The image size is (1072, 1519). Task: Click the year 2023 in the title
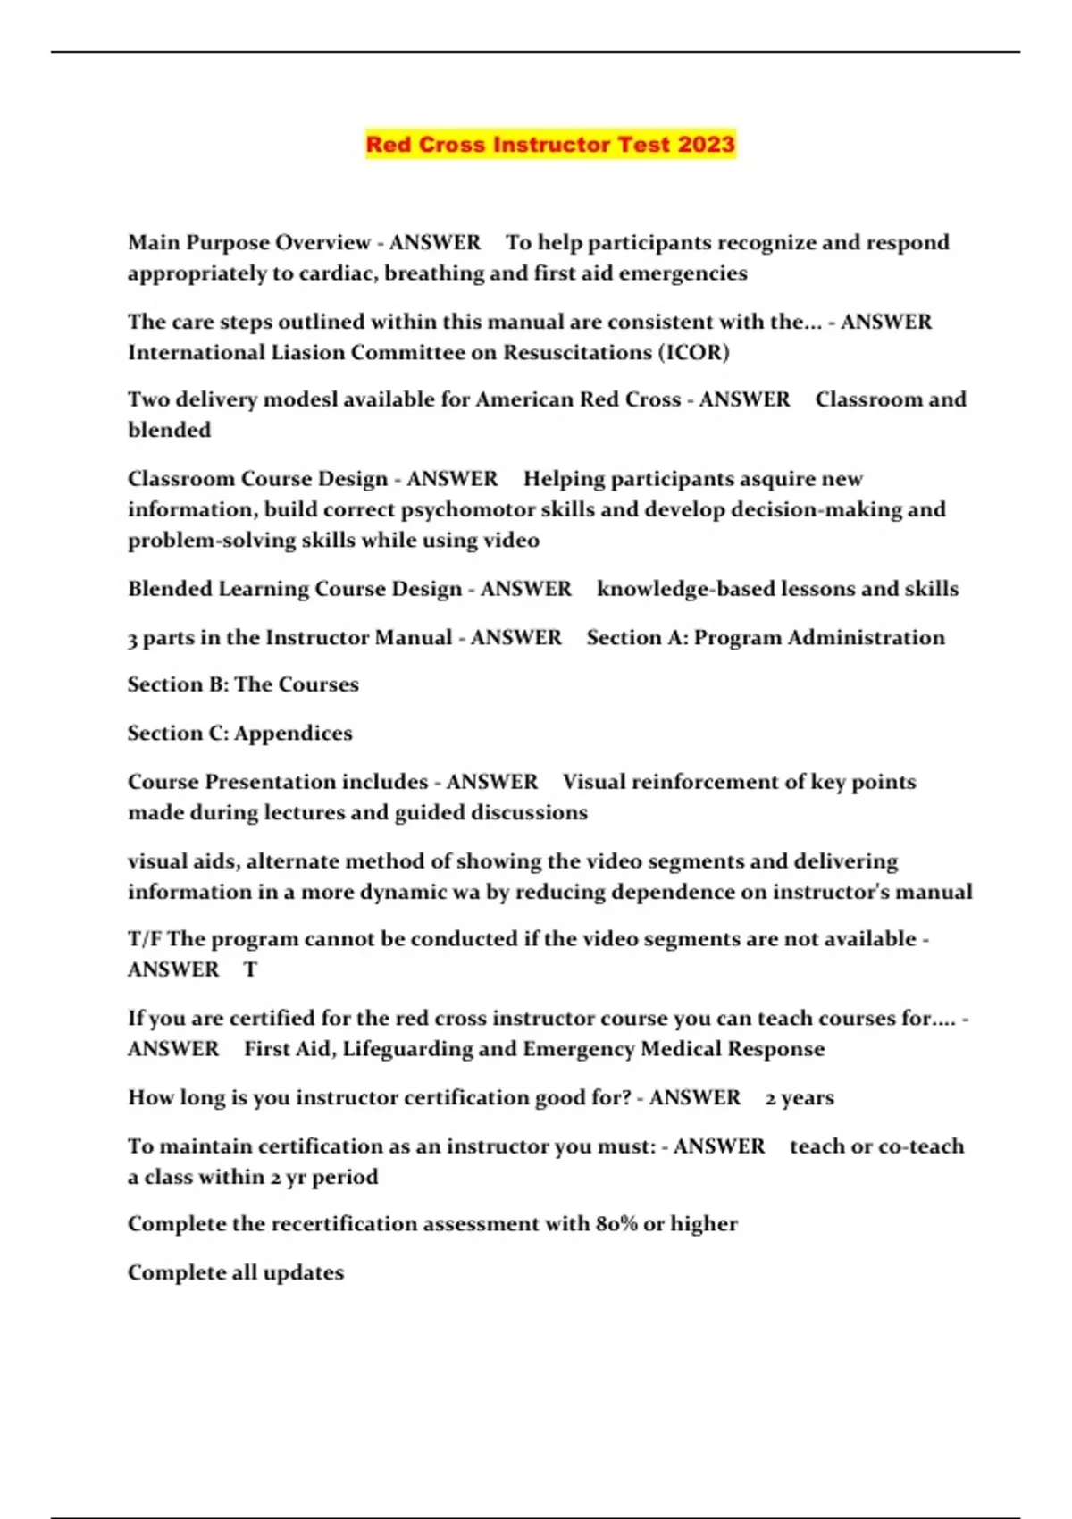[x=706, y=145]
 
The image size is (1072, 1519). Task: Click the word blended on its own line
[x=170, y=430]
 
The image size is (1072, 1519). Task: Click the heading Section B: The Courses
[x=243, y=684]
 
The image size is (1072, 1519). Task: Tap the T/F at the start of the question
[x=145, y=939]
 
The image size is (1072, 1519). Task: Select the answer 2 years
[x=800, y=1098]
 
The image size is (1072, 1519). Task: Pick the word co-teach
[x=924, y=1146]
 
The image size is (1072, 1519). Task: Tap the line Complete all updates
[x=236, y=1272]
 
